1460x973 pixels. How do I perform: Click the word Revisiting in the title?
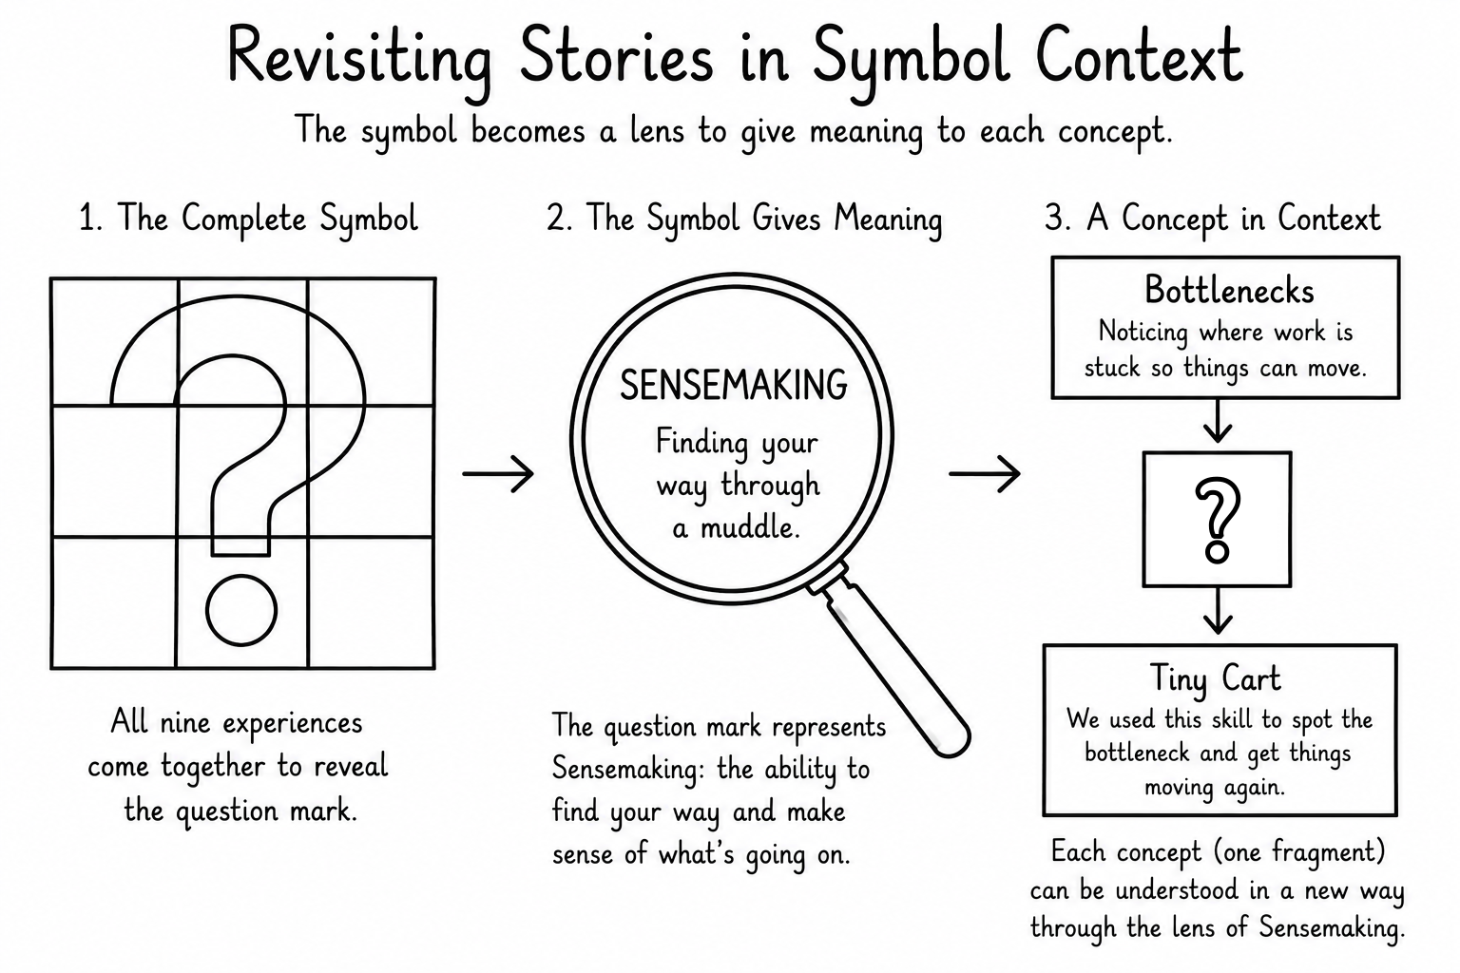pyautogui.click(x=360, y=61)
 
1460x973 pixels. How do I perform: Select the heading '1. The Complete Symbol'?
pyautogui.click(x=248, y=219)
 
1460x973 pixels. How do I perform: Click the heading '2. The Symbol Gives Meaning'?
pyautogui.click(x=744, y=219)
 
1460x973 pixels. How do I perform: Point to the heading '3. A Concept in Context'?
pyautogui.click(x=1212, y=219)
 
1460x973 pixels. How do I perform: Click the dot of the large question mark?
pyautogui.click(x=241, y=610)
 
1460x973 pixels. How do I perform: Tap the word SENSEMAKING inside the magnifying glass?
pyautogui.click(x=733, y=385)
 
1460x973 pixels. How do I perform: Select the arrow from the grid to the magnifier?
pyautogui.click(x=498, y=473)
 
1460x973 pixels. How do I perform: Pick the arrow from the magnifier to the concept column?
pyautogui.click(x=984, y=473)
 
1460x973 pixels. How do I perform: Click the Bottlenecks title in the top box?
pyautogui.click(x=1229, y=290)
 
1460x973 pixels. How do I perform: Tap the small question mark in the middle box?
pyautogui.click(x=1218, y=520)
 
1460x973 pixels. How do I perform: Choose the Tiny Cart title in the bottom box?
pyautogui.click(x=1215, y=678)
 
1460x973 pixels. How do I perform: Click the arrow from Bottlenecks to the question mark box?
pyautogui.click(x=1218, y=421)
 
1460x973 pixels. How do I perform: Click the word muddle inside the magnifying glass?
pyautogui.click(x=750, y=527)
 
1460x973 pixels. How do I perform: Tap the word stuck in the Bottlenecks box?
pyautogui.click(x=1112, y=369)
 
